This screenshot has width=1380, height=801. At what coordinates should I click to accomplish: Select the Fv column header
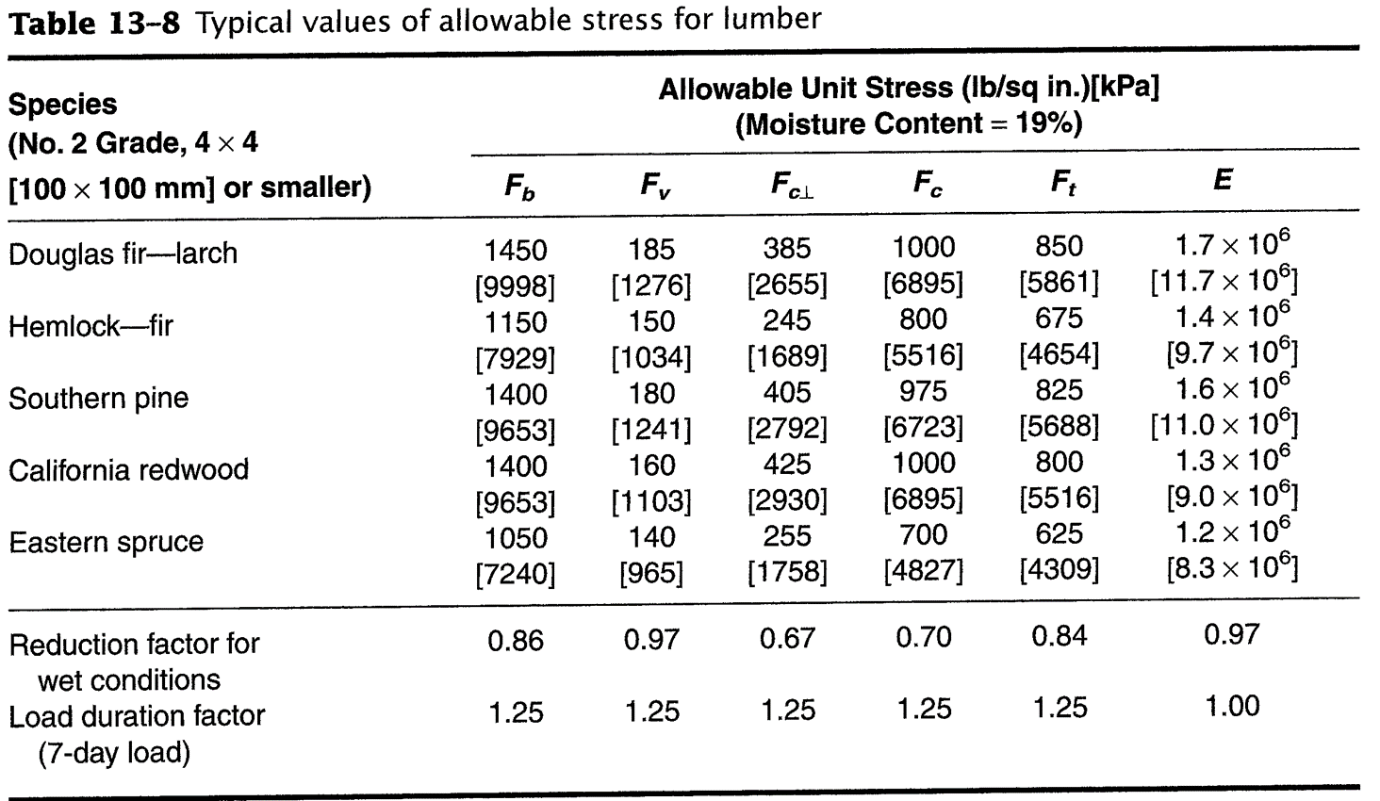point(653,185)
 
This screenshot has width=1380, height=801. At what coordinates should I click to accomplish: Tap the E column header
point(1223,179)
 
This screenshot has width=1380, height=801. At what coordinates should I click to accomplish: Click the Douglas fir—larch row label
point(123,253)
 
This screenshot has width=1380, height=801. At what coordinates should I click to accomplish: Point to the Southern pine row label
point(98,398)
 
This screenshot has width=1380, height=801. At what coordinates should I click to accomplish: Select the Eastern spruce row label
point(106,542)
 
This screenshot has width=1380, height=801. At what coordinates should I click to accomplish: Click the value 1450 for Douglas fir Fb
point(516,250)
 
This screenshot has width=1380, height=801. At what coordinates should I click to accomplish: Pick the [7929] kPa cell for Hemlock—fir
point(516,358)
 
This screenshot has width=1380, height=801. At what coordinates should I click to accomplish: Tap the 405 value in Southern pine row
point(787,392)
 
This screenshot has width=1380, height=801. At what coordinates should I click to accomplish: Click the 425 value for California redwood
point(787,464)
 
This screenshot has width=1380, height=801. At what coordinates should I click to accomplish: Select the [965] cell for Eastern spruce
point(651,573)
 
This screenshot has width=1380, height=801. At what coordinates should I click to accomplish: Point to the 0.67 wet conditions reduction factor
point(787,639)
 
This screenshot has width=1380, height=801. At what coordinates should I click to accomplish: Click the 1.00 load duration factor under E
point(1232,707)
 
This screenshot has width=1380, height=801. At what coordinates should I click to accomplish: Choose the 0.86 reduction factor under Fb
point(516,641)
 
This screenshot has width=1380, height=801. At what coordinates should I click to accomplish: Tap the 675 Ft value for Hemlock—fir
point(1059,319)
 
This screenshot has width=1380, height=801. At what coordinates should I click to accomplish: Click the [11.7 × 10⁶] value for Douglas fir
point(1224,282)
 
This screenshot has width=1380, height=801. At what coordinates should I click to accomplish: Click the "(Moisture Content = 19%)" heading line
point(908,123)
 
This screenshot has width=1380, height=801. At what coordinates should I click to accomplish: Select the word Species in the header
point(62,104)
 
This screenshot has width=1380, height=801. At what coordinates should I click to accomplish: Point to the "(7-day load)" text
point(114,753)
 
